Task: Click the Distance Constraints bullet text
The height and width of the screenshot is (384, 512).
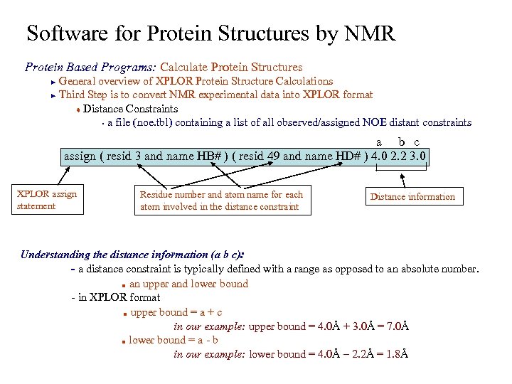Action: pyautogui.click(x=130, y=109)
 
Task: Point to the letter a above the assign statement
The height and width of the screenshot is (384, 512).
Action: pyautogui.click(x=379, y=142)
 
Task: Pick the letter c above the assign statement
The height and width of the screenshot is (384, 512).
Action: pyautogui.click(x=417, y=142)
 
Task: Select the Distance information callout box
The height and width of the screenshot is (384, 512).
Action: pyautogui.click(x=412, y=197)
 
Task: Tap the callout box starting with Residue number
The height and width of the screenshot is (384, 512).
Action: pyautogui.click(x=222, y=201)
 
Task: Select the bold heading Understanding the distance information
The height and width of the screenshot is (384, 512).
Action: pyautogui.click(x=132, y=255)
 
